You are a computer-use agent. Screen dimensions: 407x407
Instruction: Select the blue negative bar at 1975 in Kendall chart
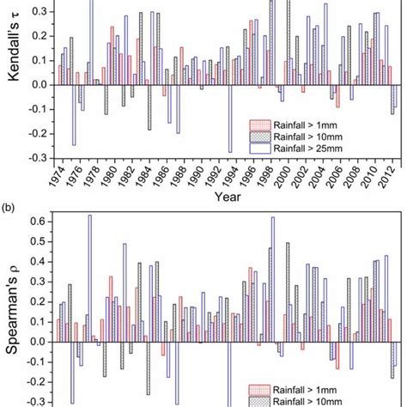[x=73, y=114]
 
